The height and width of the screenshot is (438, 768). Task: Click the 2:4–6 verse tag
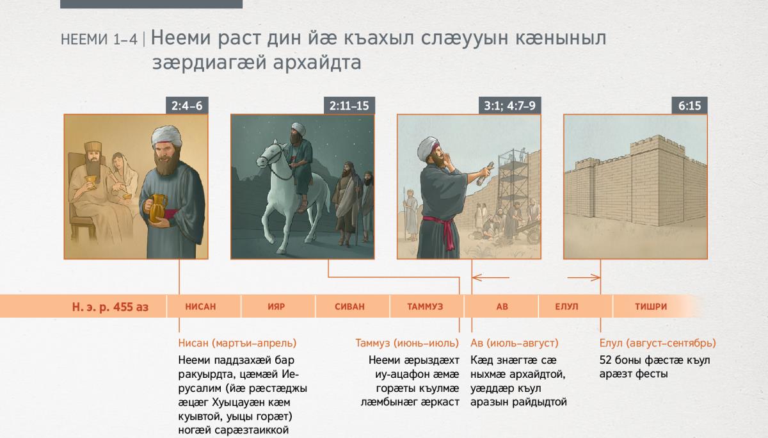187,105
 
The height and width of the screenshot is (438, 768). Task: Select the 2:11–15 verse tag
349,105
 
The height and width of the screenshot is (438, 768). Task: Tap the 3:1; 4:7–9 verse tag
509,105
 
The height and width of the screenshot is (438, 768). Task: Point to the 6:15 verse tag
689,105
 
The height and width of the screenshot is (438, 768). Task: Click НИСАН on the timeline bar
200,307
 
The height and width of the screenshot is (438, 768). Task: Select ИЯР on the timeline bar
276,307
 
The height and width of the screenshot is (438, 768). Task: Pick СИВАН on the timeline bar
349,307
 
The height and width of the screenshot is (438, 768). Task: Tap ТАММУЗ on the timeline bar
425,307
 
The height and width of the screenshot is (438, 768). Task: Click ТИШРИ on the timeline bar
651,307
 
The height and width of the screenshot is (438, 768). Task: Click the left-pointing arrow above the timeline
491,277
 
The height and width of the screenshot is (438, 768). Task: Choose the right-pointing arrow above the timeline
584,277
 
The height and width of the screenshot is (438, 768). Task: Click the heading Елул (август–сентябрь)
658,343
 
